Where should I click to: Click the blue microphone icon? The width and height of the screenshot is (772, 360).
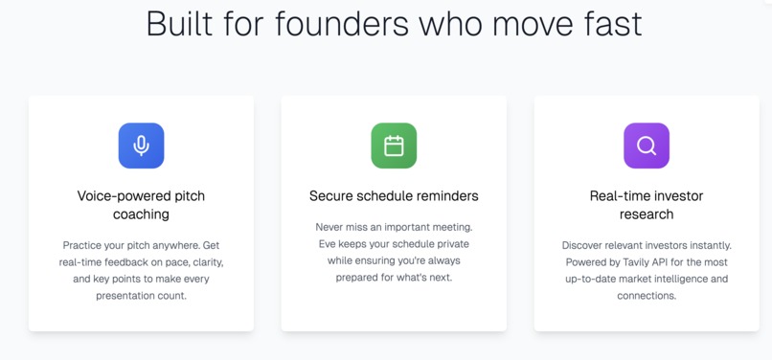pos(141,146)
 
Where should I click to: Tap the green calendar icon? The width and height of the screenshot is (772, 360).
pos(394,146)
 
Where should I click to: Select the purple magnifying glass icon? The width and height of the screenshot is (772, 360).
pos(647,146)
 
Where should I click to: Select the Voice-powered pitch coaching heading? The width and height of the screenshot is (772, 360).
pos(141,205)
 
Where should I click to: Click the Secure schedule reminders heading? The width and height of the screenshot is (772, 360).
pos(394,196)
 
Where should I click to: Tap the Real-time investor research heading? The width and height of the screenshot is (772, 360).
pos(647,205)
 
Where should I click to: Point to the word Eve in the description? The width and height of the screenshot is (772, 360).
pos(329,244)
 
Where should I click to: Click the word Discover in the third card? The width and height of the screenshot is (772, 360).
pos(583,246)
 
